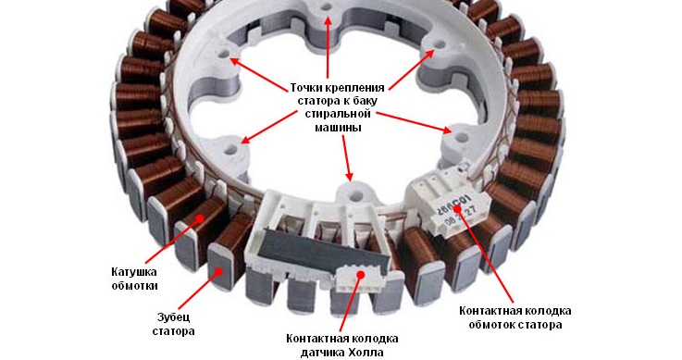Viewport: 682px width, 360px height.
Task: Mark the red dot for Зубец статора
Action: coord(218,270)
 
